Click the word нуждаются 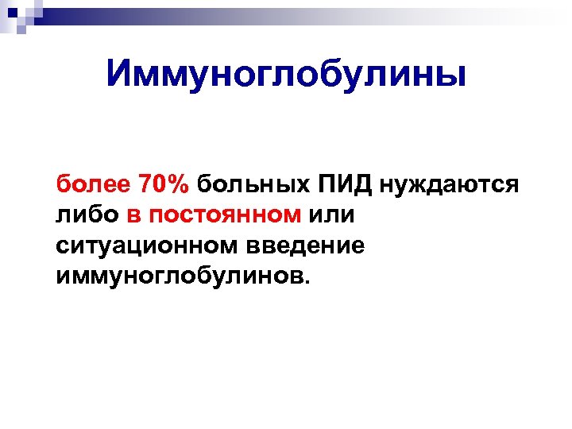450,186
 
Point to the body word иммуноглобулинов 180,277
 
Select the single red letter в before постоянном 133,216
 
